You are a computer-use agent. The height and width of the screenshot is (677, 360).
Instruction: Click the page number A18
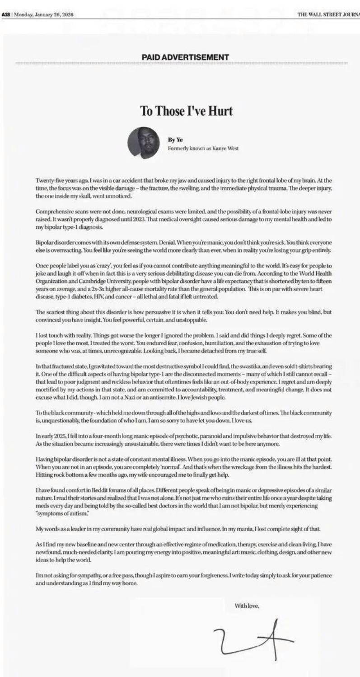tap(6, 14)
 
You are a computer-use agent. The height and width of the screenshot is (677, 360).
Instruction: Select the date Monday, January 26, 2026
tap(44, 14)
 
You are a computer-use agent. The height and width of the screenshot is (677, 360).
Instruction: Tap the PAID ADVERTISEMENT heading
tap(185, 57)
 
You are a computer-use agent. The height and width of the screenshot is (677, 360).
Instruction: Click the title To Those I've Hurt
tap(186, 111)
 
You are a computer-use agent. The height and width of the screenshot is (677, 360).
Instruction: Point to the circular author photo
tap(143, 142)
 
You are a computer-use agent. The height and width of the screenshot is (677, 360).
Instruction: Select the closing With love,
tap(247, 606)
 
